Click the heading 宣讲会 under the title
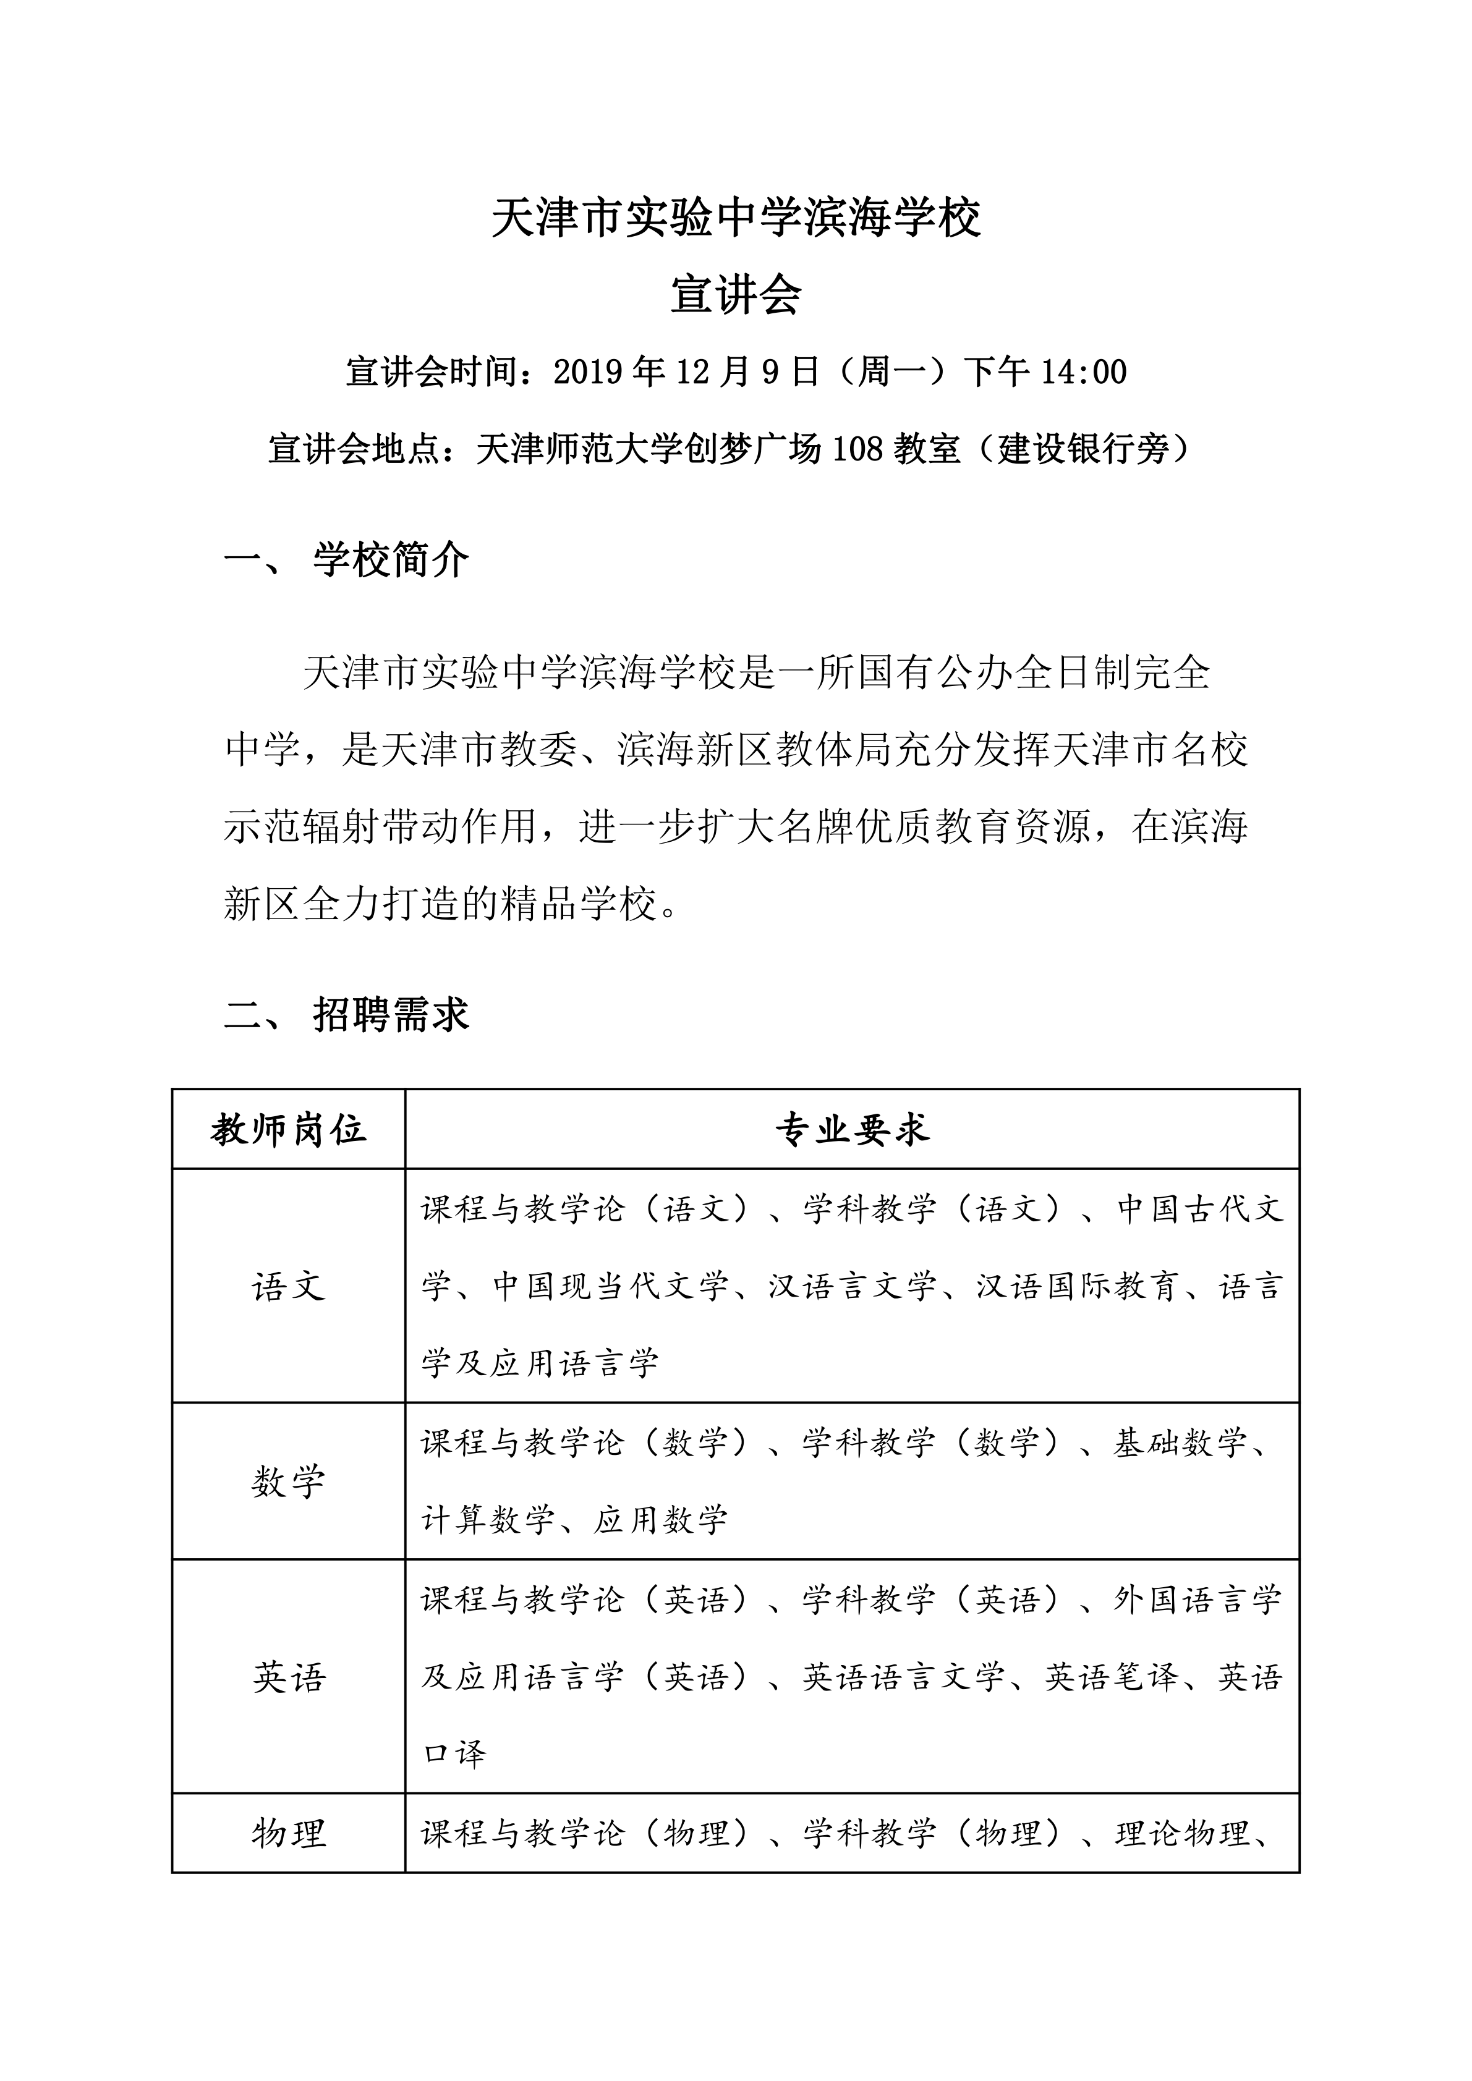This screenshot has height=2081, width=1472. pyautogui.click(x=735, y=295)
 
